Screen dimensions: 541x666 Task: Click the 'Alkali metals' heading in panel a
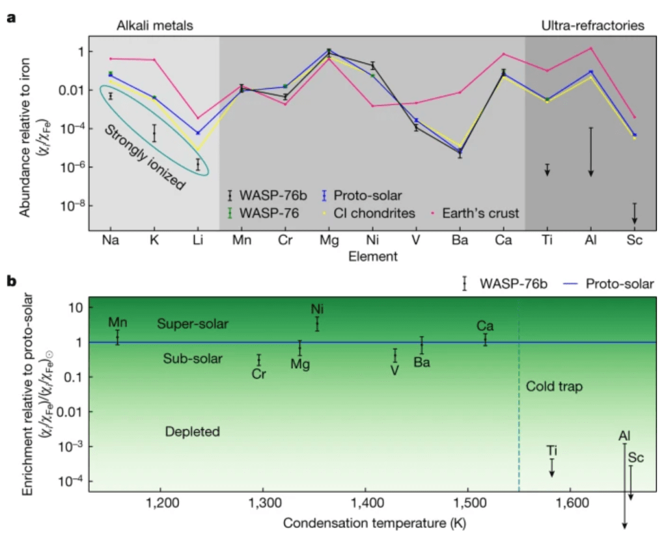[155, 25]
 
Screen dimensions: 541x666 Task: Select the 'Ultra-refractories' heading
[593, 25]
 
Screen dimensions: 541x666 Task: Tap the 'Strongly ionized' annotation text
[145, 157]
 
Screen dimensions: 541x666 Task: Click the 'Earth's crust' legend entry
[481, 213]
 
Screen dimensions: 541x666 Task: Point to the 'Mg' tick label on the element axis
[329, 240]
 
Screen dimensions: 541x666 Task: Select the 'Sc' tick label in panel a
[634, 240]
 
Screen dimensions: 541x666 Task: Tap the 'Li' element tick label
[197, 240]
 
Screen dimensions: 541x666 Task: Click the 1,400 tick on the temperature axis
[365, 503]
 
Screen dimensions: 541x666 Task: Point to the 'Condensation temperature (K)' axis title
[365, 523]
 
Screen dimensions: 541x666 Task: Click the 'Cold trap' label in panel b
[554, 387]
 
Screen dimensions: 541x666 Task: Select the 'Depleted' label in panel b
[192, 432]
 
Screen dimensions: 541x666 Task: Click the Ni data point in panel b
[317, 323]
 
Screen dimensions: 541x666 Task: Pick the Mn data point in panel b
[117, 337]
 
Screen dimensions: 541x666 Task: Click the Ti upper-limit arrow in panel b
[552, 468]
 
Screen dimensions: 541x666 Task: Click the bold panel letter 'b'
[11, 282]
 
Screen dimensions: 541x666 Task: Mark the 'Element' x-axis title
[372, 256]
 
